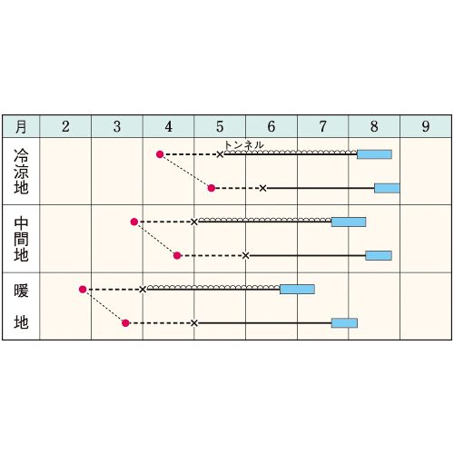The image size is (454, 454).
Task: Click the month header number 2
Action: tap(65, 126)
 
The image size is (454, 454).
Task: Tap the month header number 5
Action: tap(220, 126)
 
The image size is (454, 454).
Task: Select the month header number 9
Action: tap(426, 126)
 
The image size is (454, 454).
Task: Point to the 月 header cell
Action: tap(21, 126)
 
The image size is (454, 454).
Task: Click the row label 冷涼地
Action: tap(21, 172)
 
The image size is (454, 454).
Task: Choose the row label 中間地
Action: tap(21, 239)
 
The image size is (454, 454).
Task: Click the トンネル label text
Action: tap(244, 145)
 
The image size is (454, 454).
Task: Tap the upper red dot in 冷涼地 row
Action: tap(160, 154)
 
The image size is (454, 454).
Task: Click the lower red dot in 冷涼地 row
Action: tap(212, 188)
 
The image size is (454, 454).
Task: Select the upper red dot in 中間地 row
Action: tap(134, 222)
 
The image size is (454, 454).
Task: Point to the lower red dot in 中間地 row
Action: tap(177, 256)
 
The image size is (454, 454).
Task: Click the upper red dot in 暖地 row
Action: tap(83, 290)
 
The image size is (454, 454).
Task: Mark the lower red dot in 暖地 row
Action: tap(125, 323)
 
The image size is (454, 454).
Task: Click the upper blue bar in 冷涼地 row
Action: tap(375, 154)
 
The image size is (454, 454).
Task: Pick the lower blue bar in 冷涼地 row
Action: tap(387, 188)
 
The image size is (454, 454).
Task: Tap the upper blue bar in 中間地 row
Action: tap(349, 222)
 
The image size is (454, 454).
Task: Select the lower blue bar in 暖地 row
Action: tap(344, 323)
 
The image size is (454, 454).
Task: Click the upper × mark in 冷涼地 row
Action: tap(220, 154)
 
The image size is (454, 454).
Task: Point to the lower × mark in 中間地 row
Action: tap(246, 256)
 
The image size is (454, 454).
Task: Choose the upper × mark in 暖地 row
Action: tap(143, 290)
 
